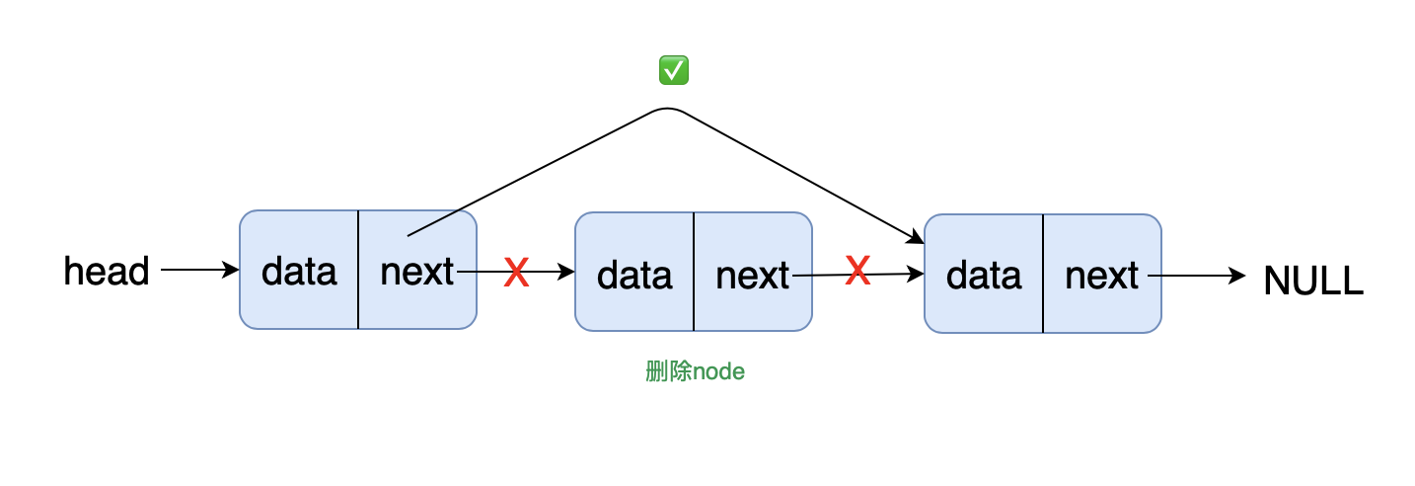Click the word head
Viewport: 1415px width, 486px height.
[107, 271]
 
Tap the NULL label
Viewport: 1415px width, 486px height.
[1313, 280]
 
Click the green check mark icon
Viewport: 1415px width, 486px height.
[673, 69]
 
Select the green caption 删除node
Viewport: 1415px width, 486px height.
[695, 371]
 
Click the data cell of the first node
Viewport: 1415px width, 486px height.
[299, 270]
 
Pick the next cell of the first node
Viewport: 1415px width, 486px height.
[417, 270]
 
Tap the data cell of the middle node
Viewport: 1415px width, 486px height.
[634, 272]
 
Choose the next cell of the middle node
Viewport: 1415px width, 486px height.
[753, 272]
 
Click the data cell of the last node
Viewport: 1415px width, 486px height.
[984, 274]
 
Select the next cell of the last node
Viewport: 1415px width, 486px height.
[1102, 274]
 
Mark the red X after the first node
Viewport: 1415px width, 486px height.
[516, 273]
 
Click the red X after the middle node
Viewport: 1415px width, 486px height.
[857, 270]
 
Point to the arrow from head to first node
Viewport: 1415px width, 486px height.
[200, 270]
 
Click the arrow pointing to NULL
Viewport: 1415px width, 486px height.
[1196, 276]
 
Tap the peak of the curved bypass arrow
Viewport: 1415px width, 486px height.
[667, 109]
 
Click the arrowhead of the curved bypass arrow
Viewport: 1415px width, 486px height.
[916, 238]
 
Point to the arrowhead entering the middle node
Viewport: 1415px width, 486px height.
[566, 272]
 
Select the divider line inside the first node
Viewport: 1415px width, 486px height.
[358, 270]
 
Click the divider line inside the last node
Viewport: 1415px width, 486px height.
[1043, 274]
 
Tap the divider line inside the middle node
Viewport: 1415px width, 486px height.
[694, 272]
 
